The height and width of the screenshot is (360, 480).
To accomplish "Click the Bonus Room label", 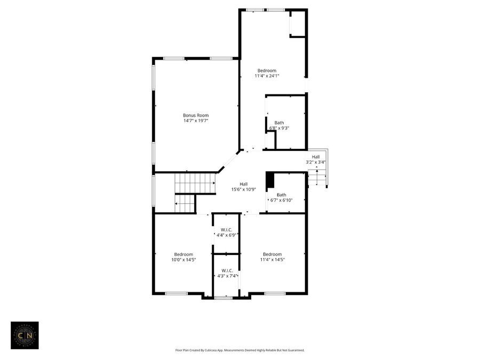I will (196, 115).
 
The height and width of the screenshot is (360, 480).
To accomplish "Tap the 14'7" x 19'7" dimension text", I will (196, 121).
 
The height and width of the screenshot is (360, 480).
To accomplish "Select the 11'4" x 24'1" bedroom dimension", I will (267, 76).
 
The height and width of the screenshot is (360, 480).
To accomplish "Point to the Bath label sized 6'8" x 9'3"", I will (279, 123).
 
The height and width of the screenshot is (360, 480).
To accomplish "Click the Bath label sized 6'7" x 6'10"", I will (281, 195).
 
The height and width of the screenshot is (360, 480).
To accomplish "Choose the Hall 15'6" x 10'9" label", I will (243, 184).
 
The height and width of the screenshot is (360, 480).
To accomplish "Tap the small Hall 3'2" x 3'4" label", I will (316, 156).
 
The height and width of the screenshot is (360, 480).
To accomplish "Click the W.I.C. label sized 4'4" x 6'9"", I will (226, 229).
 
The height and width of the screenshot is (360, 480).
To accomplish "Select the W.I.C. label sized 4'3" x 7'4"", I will (227, 270).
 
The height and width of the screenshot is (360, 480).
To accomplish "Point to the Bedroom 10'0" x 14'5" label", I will (183, 254).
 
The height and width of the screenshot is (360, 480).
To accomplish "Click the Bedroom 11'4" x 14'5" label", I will (272, 254).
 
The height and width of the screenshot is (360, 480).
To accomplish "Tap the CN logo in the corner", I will (25, 335).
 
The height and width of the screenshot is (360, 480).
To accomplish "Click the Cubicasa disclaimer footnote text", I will (240, 350).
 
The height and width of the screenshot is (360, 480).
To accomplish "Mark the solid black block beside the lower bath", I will (270, 180).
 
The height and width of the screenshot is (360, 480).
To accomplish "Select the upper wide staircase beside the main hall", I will (195, 183).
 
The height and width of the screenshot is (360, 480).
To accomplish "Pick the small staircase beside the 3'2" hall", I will (317, 178).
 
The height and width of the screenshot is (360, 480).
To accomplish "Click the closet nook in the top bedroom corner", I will (297, 23).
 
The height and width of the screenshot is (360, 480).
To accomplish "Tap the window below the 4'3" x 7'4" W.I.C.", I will (223, 298).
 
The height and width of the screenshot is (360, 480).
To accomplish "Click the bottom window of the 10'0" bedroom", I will (176, 293).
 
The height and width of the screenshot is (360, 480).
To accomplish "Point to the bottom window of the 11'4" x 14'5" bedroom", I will (275, 293).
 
